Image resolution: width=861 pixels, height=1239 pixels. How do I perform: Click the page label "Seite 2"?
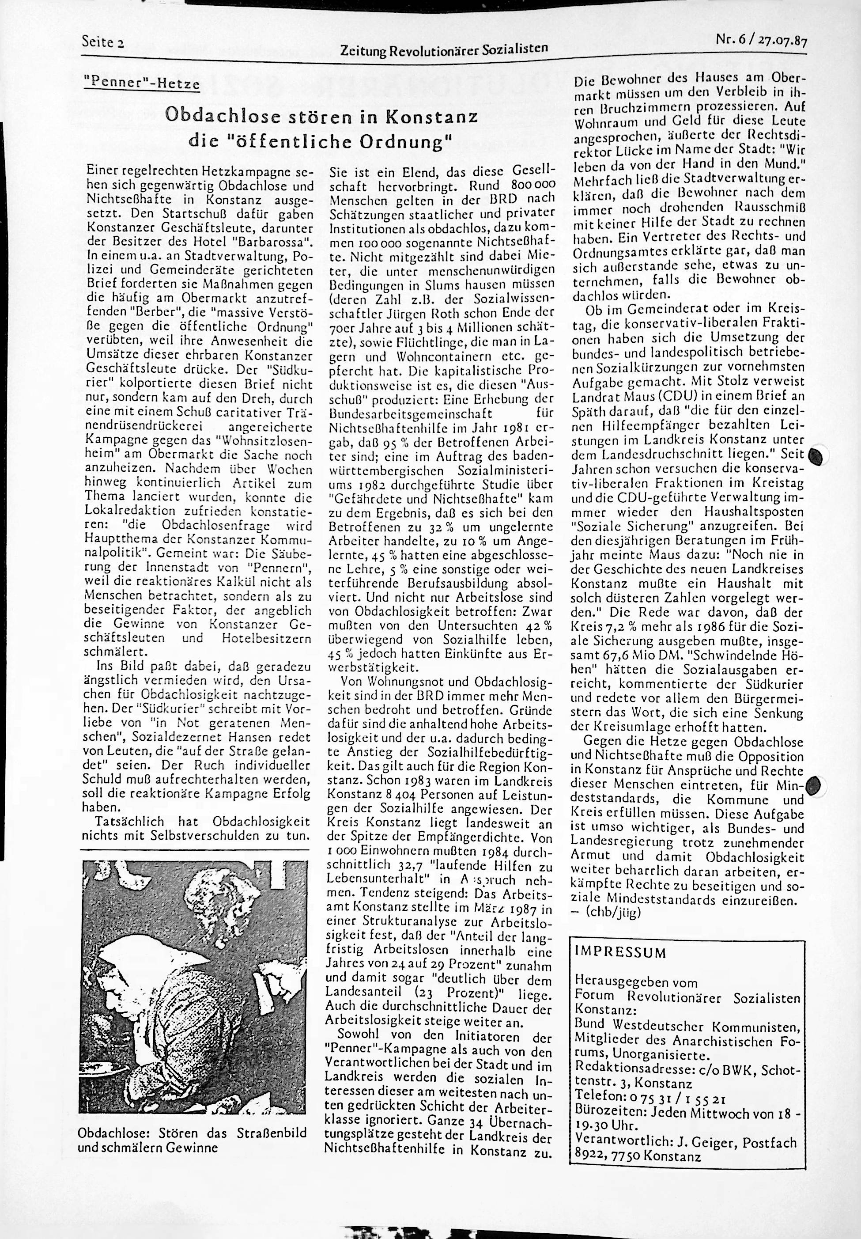(102, 42)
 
